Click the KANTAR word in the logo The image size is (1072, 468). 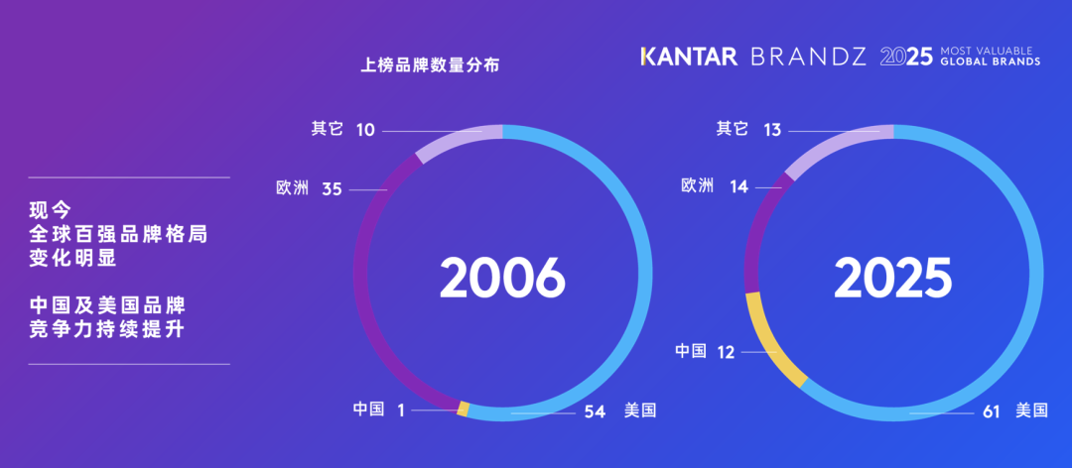pyautogui.click(x=689, y=57)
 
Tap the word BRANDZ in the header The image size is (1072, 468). pyautogui.click(x=808, y=57)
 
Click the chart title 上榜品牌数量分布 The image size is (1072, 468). pyautogui.click(x=429, y=67)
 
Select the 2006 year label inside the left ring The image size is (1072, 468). pyautogui.click(x=502, y=279)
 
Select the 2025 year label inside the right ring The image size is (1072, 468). pyautogui.click(x=892, y=279)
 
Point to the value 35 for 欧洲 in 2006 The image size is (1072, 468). pyautogui.click(x=332, y=188)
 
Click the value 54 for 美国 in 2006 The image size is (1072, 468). pyautogui.click(x=595, y=410)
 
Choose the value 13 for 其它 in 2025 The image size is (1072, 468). pyautogui.click(x=773, y=130)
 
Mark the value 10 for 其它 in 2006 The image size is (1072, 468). pyautogui.click(x=364, y=130)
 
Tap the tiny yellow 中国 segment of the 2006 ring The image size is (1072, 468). pyautogui.click(x=463, y=408)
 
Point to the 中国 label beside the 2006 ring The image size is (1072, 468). pyautogui.click(x=368, y=409)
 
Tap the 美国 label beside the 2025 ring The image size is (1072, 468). pyautogui.click(x=1031, y=410)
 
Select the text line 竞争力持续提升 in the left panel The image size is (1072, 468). pyautogui.click(x=107, y=329)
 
